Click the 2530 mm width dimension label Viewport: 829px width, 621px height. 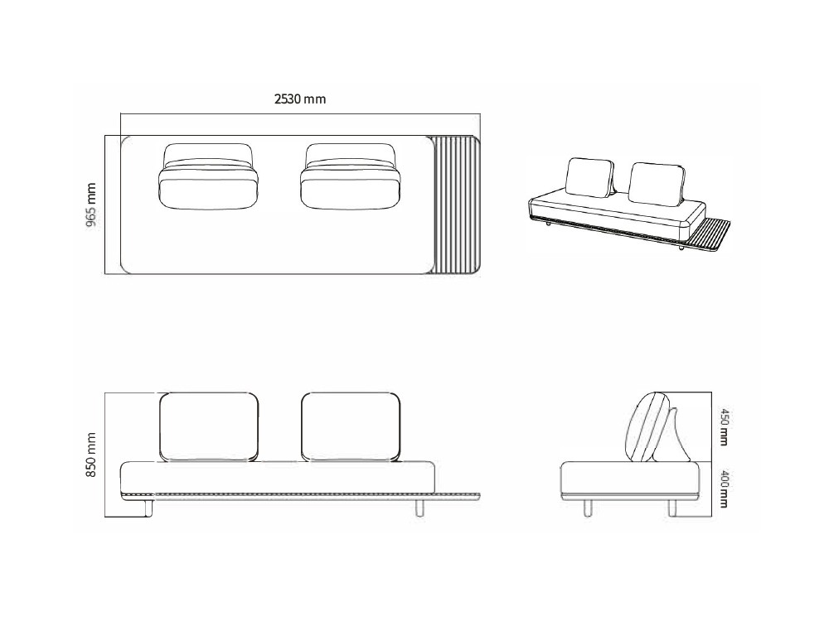(x=300, y=99)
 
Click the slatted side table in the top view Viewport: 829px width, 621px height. (x=457, y=205)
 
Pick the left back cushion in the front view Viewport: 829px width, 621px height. (x=208, y=426)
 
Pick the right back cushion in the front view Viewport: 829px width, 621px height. (x=351, y=426)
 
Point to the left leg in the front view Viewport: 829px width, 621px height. (x=150, y=507)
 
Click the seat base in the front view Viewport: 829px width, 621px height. (x=278, y=477)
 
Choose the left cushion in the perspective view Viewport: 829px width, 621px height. (x=589, y=177)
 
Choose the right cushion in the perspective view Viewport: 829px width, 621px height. (x=657, y=183)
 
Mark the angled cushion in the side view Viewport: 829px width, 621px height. (x=649, y=426)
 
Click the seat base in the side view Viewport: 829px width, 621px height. (x=630, y=478)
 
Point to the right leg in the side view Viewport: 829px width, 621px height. (x=670, y=507)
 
